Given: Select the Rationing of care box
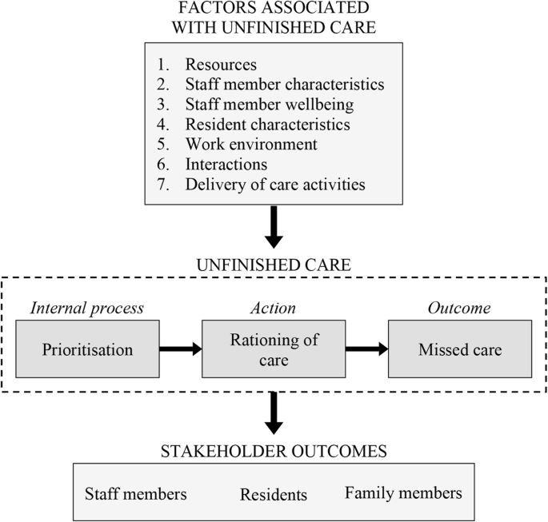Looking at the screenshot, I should click(274, 349).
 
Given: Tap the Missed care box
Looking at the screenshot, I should click(460, 349).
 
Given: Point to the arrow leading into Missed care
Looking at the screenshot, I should click(366, 349).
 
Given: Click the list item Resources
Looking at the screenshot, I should click(222, 65).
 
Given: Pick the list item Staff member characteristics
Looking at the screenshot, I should click(284, 85).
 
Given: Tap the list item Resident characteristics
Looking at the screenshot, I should click(267, 125).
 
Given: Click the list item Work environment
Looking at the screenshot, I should click(251, 145).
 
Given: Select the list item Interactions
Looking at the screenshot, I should click(226, 165).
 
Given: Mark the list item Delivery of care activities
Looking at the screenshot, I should click(274, 185).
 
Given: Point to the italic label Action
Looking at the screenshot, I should click(274, 308).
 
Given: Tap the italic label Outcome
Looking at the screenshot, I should click(460, 308).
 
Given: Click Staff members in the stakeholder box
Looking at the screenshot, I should click(135, 494).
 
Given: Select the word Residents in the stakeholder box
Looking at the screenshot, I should click(274, 495).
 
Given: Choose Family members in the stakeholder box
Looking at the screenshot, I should click(403, 493).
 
